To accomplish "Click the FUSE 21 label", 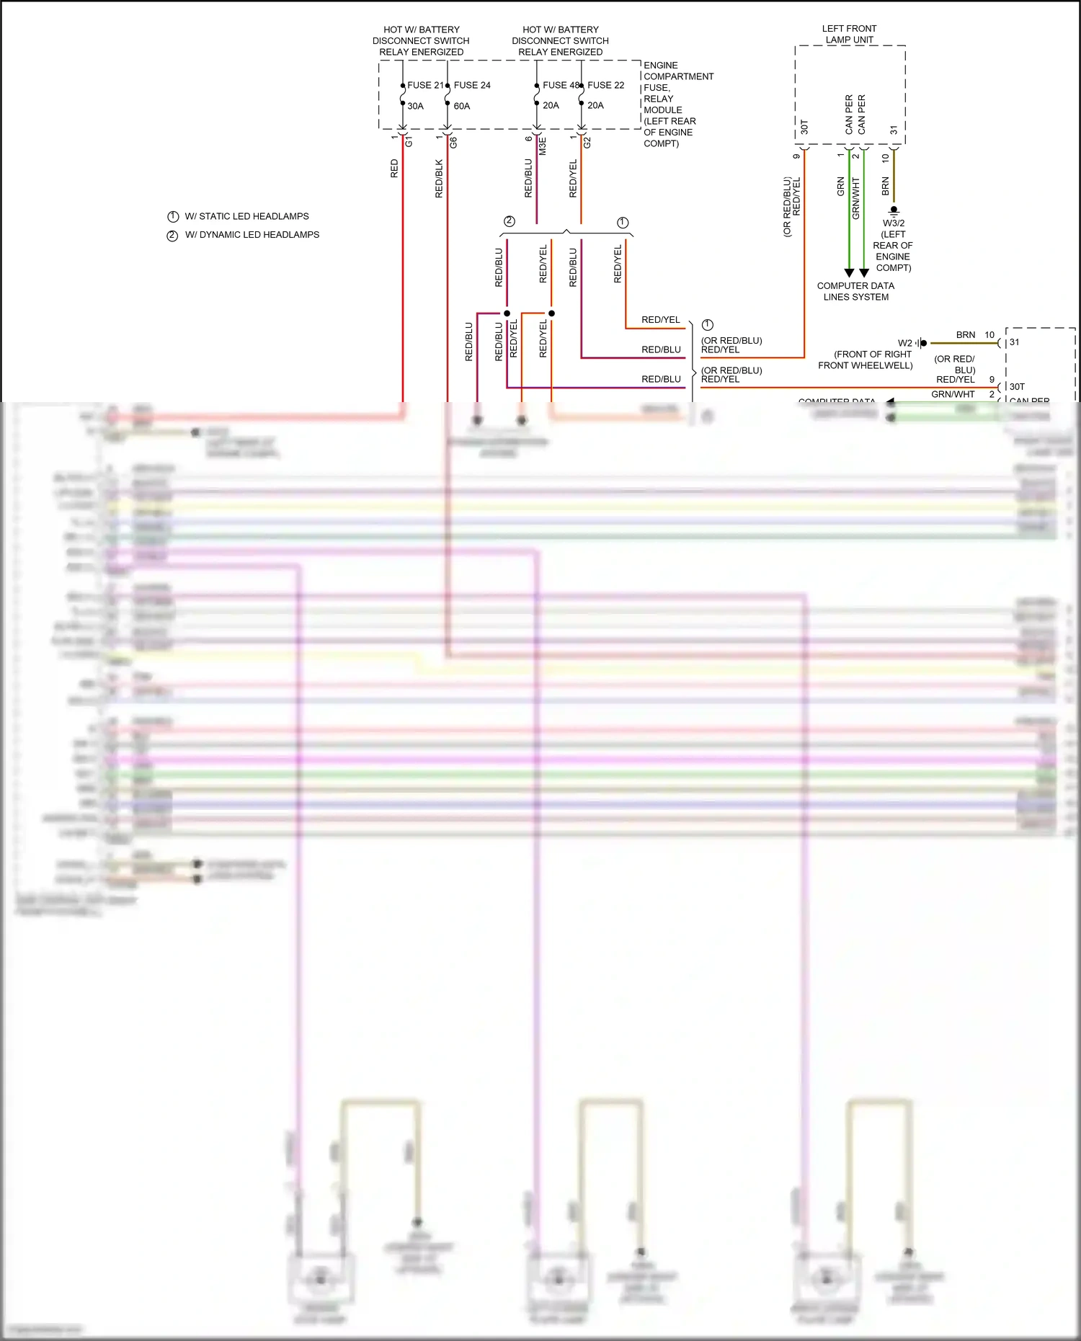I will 425,85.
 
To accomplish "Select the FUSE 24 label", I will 472,85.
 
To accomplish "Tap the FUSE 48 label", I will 561,85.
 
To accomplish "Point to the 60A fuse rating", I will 462,106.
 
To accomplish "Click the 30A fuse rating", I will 416,106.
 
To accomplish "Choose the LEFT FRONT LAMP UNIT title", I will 849,34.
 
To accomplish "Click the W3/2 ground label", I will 894,223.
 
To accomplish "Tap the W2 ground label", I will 905,343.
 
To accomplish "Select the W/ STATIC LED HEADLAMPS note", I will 246,216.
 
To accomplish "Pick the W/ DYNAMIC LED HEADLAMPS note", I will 252,235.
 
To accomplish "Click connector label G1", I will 409,142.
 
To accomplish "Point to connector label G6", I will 453,143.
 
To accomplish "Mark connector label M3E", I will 543,146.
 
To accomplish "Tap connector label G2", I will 587,143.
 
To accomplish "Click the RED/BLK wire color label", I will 439,179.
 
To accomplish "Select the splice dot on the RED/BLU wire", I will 507,313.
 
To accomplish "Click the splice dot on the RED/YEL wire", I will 551,313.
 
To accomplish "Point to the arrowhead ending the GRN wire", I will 849,273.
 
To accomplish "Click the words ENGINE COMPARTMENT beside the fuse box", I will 678,71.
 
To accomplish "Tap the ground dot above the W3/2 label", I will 894,210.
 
